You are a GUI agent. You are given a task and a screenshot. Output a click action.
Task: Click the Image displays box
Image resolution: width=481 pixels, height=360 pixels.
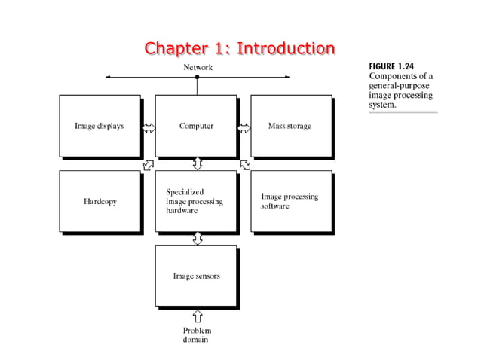click(99, 127)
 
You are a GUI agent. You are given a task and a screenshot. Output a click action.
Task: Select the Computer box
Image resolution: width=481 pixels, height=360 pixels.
click(196, 127)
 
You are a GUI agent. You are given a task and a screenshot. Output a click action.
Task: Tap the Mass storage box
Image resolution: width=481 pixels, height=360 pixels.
click(290, 127)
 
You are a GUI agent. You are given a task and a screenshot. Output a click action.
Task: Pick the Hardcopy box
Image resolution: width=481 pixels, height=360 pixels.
click(99, 202)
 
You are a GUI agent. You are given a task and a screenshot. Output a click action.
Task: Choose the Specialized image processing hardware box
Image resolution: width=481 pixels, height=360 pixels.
click(196, 202)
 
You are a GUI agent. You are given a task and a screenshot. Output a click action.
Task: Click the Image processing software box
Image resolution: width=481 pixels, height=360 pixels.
click(290, 201)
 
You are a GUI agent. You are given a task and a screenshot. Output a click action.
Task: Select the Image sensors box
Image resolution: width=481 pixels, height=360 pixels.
click(196, 276)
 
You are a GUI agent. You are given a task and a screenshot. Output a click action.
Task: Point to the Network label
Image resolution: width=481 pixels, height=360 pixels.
click(198, 67)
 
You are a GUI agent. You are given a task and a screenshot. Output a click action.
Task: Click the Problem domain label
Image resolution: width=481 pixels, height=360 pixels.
click(197, 335)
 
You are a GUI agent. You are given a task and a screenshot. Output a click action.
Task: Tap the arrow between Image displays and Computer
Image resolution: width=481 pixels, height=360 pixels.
click(149, 127)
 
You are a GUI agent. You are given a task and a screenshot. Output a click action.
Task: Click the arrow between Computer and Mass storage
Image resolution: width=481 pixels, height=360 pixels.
click(244, 127)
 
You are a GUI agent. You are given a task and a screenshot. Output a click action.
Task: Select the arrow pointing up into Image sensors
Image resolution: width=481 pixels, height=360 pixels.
click(198, 314)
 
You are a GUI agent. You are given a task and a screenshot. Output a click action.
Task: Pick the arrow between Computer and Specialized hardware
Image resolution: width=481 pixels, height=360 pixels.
click(198, 163)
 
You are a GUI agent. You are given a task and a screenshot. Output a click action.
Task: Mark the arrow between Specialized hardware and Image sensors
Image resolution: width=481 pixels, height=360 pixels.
click(198, 239)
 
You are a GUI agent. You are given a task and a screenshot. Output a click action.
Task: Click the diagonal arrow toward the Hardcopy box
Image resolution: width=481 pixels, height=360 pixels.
click(149, 164)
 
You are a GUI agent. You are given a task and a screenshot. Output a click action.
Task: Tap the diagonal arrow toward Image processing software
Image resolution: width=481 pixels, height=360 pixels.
click(246, 164)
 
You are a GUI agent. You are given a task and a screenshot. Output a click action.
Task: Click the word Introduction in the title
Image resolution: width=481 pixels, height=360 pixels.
click(286, 49)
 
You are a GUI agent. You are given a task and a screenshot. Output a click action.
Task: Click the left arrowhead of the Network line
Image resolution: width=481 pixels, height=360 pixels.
click(109, 77)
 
